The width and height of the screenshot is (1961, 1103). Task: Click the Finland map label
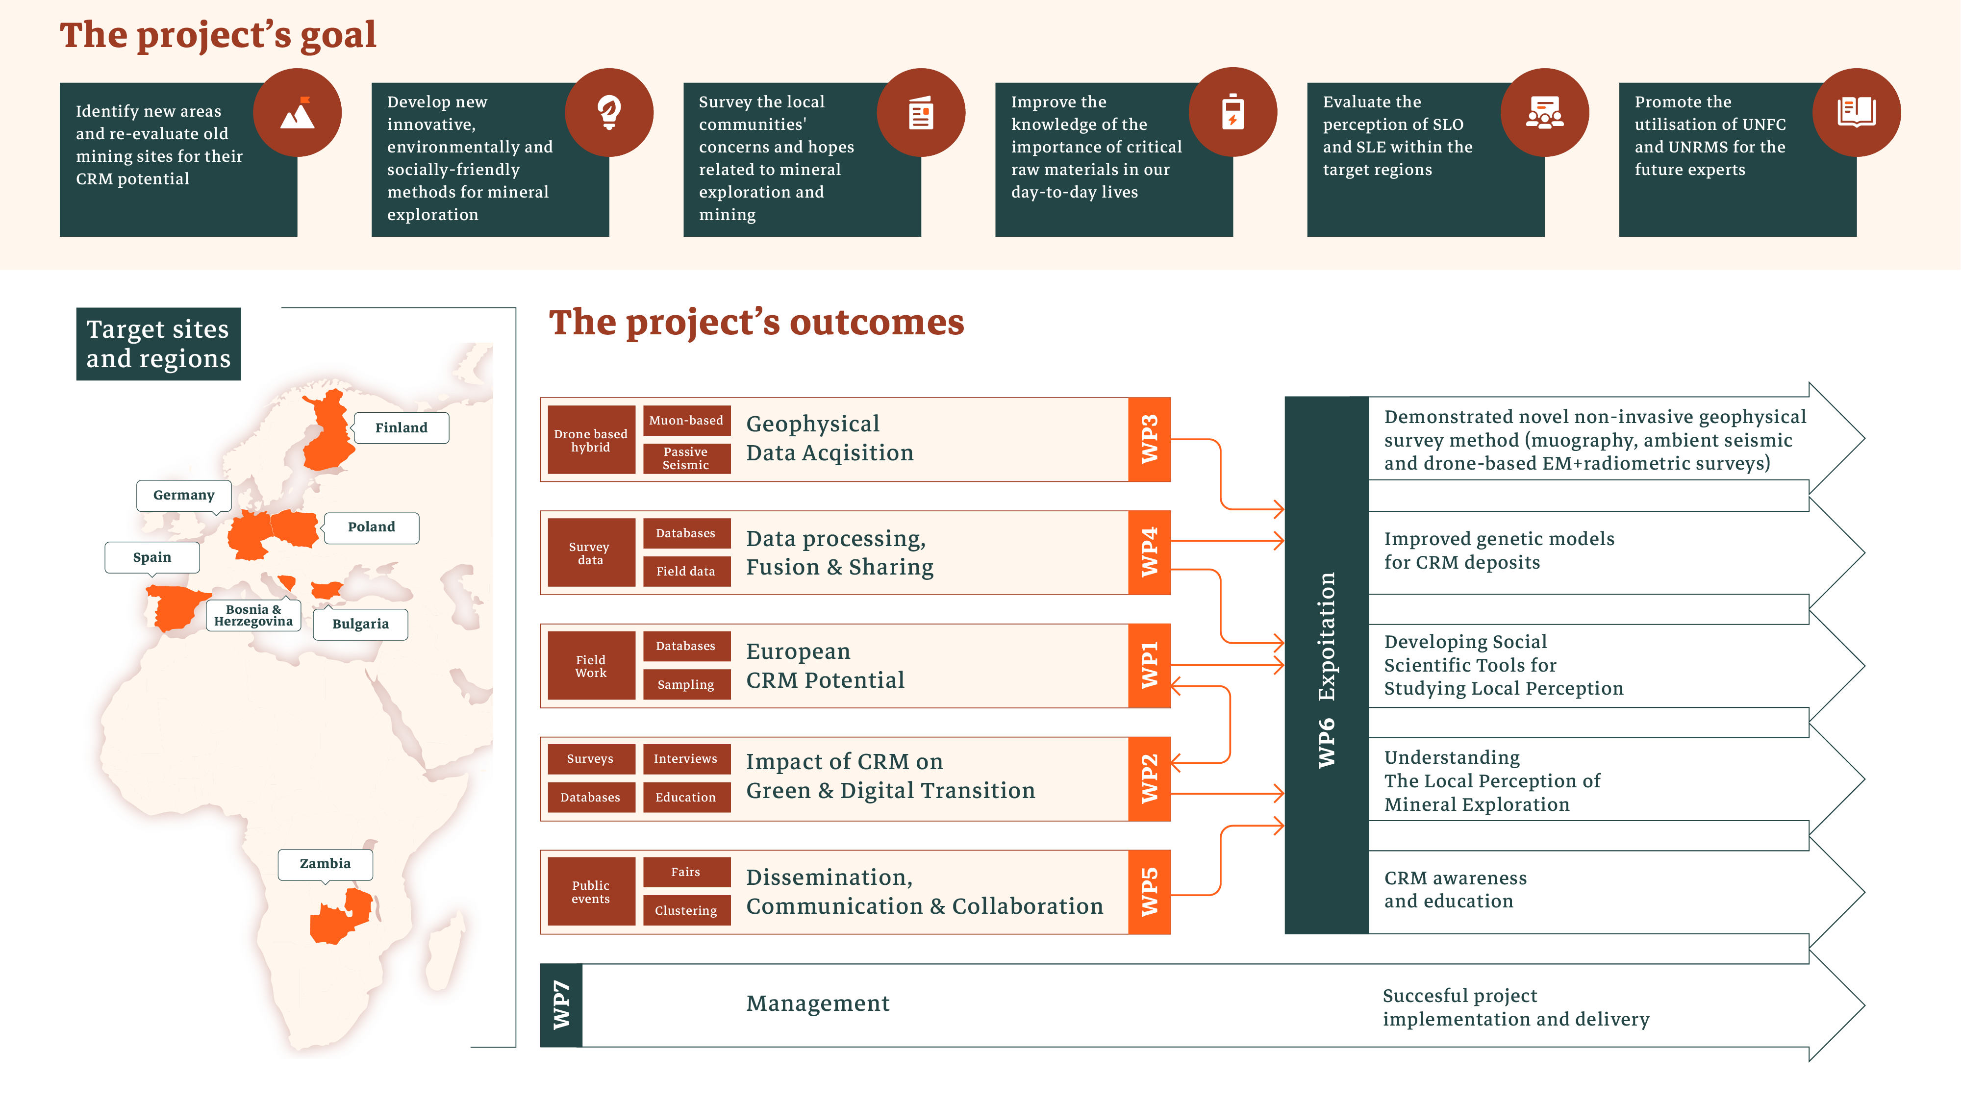click(401, 428)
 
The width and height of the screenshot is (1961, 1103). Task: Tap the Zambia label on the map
click(325, 864)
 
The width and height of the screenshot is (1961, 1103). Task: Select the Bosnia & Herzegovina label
click(253, 615)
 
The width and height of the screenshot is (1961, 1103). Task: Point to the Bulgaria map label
click(360, 624)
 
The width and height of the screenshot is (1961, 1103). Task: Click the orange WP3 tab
click(1149, 439)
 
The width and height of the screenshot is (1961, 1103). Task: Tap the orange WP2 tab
click(1149, 779)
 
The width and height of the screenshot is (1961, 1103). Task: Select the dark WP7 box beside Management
click(561, 1005)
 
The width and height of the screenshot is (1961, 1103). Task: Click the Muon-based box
click(686, 420)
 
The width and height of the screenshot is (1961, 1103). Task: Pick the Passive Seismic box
click(686, 458)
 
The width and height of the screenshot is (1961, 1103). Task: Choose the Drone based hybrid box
click(591, 440)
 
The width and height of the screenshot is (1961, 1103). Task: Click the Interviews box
click(686, 759)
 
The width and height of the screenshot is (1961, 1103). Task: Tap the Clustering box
click(686, 910)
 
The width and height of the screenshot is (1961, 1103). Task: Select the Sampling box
click(686, 684)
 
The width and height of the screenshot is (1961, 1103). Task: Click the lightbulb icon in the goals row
click(609, 113)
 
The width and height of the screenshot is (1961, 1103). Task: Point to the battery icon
click(1232, 113)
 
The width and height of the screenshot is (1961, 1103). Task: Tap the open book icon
click(1856, 113)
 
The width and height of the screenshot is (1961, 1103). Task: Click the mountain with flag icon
click(298, 113)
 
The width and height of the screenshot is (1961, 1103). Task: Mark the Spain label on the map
click(152, 557)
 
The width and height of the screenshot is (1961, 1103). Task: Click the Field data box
click(686, 571)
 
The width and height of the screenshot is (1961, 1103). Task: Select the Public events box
click(591, 891)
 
